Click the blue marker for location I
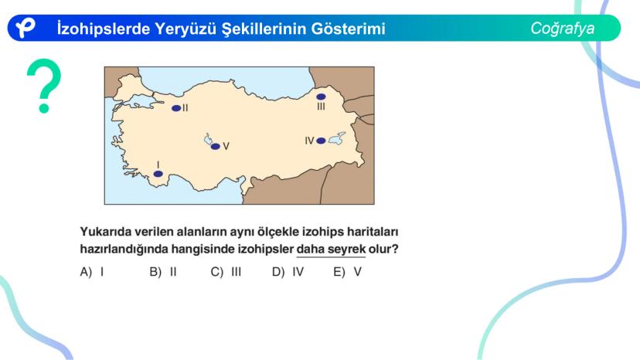tap(158, 174)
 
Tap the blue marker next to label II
tap(176, 108)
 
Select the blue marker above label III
tap(321, 97)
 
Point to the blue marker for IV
tap(321, 141)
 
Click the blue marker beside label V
tap(215, 146)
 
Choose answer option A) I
tap(92, 272)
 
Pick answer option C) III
tap(226, 272)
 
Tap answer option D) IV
tap(288, 272)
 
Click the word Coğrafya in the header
tap(563, 29)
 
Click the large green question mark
tap(44, 83)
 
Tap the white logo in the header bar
tap(26, 28)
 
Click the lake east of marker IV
tap(337, 139)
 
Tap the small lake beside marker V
tap(208, 139)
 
